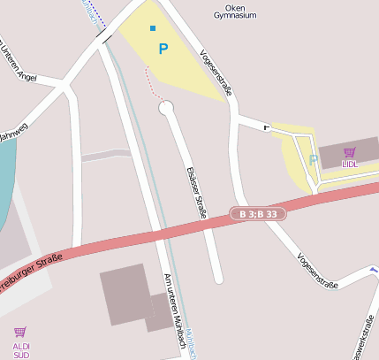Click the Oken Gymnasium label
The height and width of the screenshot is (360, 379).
pyautogui.click(x=236, y=11)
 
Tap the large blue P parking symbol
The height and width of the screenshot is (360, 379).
pyautogui.click(x=163, y=50)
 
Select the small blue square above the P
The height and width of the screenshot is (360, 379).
pyautogui.click(x=153, y=28)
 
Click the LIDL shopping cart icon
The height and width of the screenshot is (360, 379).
pyautogui.click(x=349, y=151)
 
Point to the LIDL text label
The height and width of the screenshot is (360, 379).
pyautogui.click(x=350, y=164)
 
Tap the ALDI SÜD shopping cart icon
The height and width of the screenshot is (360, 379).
pyautogui.click(x=20, y=332)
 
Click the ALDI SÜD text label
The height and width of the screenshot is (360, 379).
pyautogui.click(x=21, y=349)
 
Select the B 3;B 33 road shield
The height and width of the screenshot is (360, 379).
pyautogui.click(x=259, y=214)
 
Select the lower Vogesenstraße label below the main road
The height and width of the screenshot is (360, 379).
pyautogui.click(x=318, y=271)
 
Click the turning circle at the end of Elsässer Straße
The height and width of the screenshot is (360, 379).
pyautogui.click(x=166, y=108)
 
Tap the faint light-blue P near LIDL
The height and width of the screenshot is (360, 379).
pyautogui.click(x=312, y=160)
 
